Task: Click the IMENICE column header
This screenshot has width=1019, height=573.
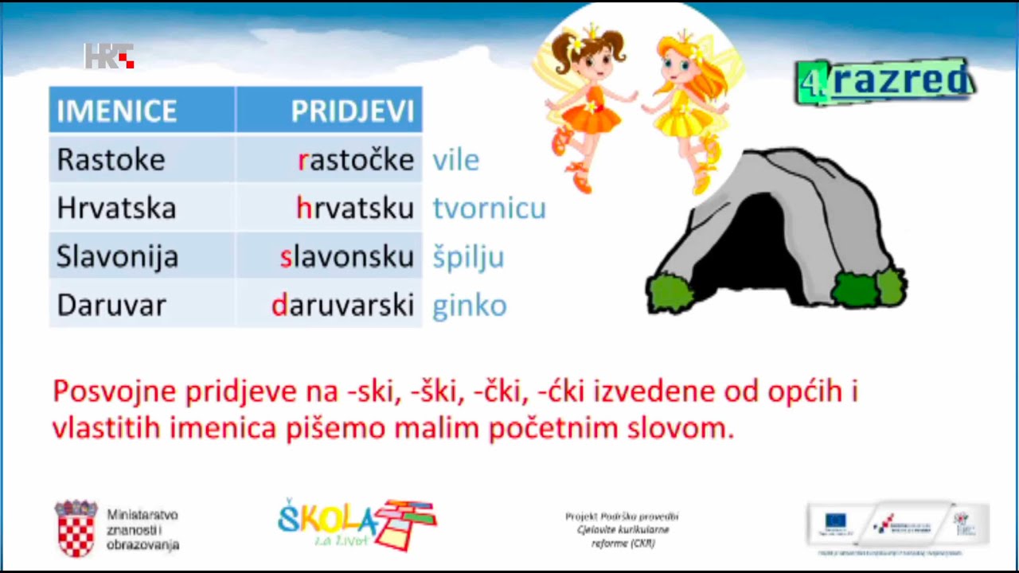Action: pyautogui.click(x=117, y=111)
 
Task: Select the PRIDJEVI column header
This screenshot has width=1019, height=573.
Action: pyautogui.click(x=353, y=111)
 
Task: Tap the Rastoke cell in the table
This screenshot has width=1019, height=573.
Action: pyautogui.click(x=111, y=160)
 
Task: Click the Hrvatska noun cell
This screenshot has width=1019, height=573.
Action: pyautogui.click(x=116, y=209)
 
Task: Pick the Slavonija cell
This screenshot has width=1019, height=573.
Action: pyautogui.click(x=117, y=257)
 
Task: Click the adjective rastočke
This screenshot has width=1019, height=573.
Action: pyautogui.click(x=356, y=160)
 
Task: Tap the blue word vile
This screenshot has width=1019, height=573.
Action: pyautogui.click(x=456, y=161)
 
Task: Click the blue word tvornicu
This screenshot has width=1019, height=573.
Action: pyautogui.click(x=490, y=209)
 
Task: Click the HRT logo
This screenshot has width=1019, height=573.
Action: pyautogui.click(x=109, y=57)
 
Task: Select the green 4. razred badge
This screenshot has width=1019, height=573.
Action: pyautogui.click(x=884, y=82)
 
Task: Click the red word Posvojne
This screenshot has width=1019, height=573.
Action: pyautogui.click(x=114, y=392)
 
